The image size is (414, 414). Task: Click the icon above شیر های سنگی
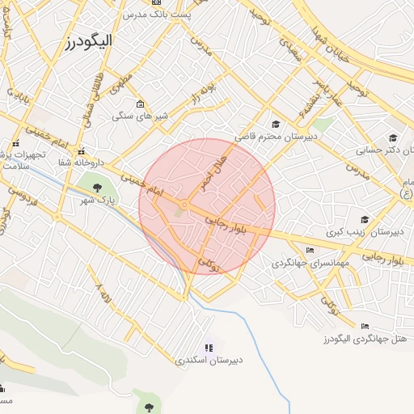coord(141,103)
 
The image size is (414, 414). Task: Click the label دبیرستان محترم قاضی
coord(275,137)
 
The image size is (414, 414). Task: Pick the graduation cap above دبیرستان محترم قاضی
coord(276,124)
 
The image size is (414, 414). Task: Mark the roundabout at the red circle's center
coord(184,206)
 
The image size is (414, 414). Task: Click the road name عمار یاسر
coord(331,95)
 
